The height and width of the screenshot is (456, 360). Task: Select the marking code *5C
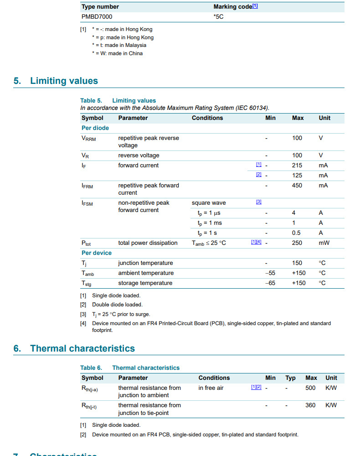click(x=219, y=16)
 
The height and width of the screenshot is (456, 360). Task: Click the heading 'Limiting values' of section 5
click(x=64, y=81)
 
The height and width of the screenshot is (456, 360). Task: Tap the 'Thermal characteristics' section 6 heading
click(x=82, y=348)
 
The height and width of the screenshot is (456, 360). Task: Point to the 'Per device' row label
click(x=97, y=253)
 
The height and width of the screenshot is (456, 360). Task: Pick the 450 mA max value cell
click(x=297, y=186)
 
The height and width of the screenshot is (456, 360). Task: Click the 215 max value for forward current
click(x=297, y=166)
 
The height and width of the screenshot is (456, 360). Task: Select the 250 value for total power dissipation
click(x=297, y=243)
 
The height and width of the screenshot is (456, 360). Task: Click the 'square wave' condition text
click(x=209, y=203)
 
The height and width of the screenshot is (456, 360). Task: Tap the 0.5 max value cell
click(x=296, y=233)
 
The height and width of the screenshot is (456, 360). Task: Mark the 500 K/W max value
click(x=310, y=388)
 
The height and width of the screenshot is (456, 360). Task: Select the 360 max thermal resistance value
click(x=310, y=405)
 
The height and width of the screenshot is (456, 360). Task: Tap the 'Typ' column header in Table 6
click(x=290, y=378)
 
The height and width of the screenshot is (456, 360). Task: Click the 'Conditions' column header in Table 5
click(x=207, y=118)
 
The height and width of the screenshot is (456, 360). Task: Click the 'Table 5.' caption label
click(x=91, y=101)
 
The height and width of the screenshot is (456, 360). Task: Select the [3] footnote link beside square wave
click(x=258, y=202)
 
